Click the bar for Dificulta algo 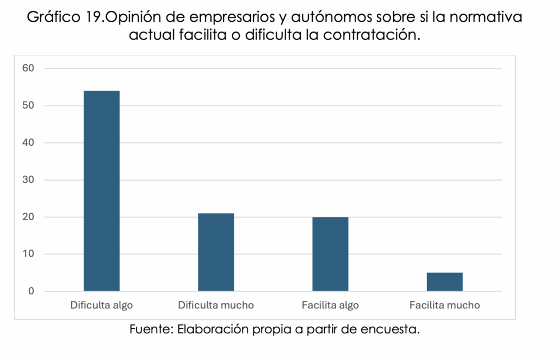click(x=101, y=191)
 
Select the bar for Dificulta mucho click(x=215, y=252)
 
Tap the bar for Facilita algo click(x=330, y=254)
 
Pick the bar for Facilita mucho click(x=444, y=282)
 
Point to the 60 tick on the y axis click(x=28, y=69)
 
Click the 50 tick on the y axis click(x=28, y=105)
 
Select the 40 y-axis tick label click(x=28, y=143)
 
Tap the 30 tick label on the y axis click(x=28, y=180)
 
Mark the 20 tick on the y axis click(x=28, y=217)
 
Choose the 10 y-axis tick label click(x=28, y=254)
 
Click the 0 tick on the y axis click(x=31, y=291)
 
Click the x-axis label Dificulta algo click(x=101, y=305)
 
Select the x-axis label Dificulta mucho click(x=215, y=305)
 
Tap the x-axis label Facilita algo click(x=330, y=305)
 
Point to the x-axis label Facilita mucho click(x=444, y=305)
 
